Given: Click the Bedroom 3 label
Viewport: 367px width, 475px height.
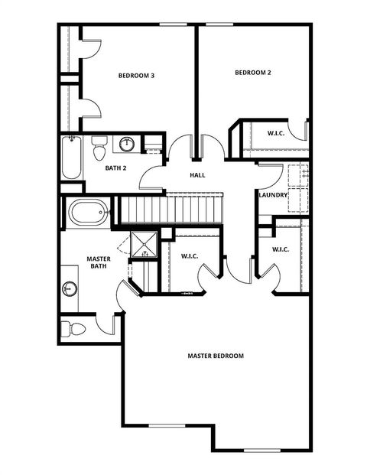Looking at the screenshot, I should (x=137, y=76).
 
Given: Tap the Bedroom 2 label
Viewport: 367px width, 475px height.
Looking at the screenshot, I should (x=253, y=73).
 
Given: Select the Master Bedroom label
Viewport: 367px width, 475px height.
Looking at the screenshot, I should (x=216, y=356).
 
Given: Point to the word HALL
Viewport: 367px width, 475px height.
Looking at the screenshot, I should (x=198, y=175).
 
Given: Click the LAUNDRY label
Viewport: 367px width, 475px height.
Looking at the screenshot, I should (x=273, y=195).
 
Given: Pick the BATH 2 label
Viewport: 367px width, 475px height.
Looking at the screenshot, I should (x=115, y=168).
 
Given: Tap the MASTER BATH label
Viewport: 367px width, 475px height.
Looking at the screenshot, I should (x=99, y=262).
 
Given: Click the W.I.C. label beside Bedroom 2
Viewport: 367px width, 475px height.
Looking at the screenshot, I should (x=277, y=133).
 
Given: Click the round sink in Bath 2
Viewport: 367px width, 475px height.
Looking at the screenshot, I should (x=127, y=144).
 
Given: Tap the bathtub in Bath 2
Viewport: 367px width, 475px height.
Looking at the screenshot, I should (x=72, y=157).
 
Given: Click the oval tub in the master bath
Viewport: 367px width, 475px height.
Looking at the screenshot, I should (x=89, y=211).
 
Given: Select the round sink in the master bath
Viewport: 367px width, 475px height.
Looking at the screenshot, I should (x=70, y=288).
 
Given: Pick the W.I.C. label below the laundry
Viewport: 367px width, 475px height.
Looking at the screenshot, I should (x=281, y=249).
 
